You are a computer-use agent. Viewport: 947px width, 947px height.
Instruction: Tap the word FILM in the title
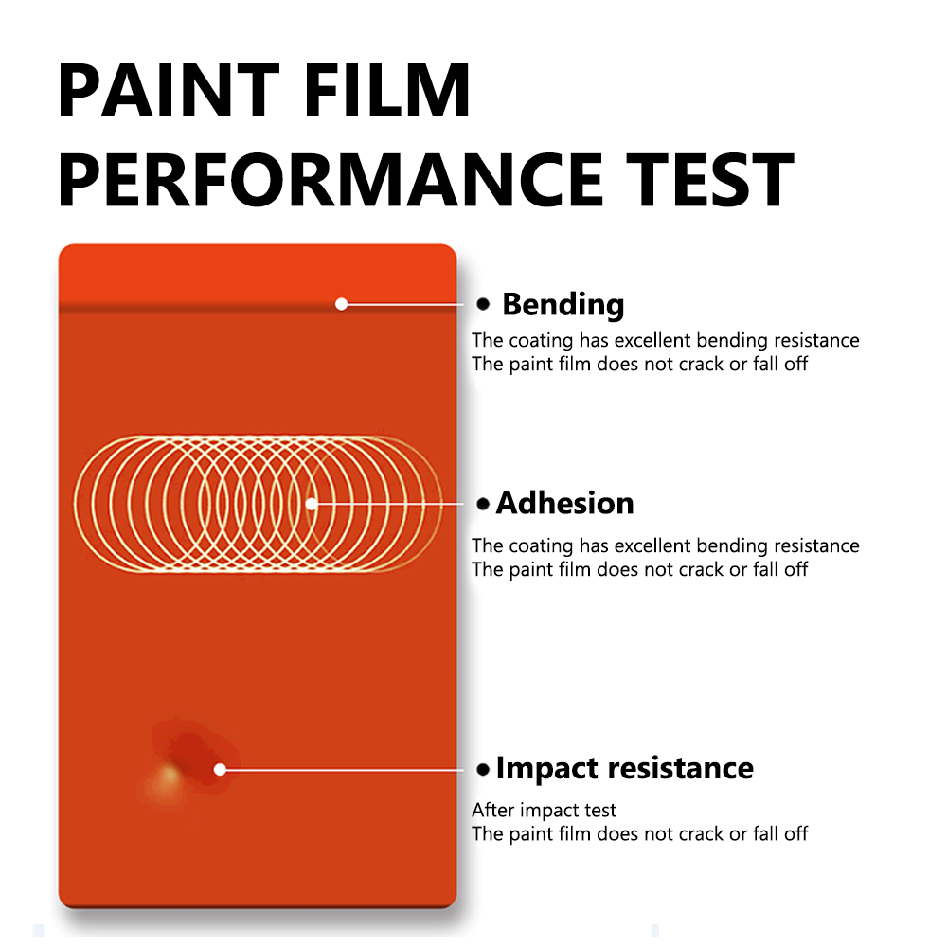387,90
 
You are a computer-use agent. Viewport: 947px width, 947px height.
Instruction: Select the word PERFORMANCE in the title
331,179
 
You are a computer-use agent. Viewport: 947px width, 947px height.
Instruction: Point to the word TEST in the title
709,179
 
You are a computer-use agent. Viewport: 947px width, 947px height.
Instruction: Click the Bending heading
563,304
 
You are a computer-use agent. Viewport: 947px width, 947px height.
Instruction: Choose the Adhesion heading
564,503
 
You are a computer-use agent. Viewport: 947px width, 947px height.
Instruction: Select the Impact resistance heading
624,769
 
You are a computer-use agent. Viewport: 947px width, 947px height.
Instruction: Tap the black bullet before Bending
483,304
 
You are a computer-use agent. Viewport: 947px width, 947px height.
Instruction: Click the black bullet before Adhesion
483,504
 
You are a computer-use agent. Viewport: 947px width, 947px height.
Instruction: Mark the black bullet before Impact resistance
483,769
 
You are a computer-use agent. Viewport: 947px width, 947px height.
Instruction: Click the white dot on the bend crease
341,304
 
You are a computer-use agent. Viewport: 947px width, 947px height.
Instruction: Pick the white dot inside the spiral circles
311,504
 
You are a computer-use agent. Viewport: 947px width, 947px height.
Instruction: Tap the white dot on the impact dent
221,769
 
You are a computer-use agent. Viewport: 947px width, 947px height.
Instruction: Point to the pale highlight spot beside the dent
168,777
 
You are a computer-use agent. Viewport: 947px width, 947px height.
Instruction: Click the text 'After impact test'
544,810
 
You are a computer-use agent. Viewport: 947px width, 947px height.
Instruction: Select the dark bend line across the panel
258,310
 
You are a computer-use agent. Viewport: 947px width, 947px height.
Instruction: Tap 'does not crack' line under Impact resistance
639,834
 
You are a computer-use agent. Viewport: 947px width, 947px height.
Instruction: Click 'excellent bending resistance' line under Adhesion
666,546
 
